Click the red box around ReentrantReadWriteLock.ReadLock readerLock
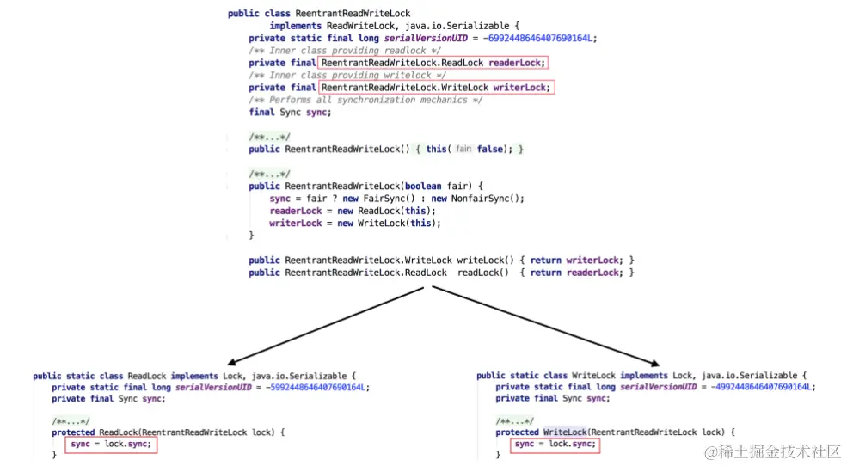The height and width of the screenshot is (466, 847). point(433,63)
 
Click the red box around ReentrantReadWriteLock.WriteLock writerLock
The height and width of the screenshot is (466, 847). point(436,87)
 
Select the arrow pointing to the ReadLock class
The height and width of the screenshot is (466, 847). point(327,326)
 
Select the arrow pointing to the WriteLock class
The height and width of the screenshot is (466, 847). point(545,326)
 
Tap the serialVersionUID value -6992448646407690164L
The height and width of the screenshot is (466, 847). point(540,38)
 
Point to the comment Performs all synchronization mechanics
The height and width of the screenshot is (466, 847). point(365,100)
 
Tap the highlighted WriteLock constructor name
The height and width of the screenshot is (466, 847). point(565,432)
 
